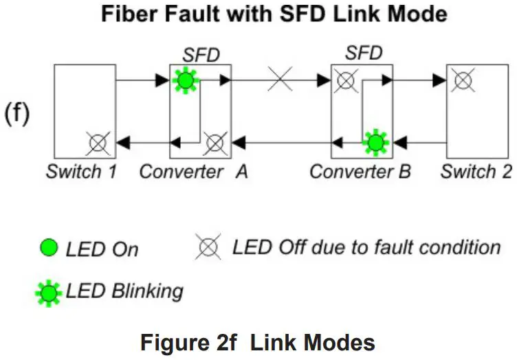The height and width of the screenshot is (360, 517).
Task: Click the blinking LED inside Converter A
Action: [186, 80]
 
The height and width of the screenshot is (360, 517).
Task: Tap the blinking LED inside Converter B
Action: [375, 143]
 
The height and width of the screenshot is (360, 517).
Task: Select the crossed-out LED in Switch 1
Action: [98, 144]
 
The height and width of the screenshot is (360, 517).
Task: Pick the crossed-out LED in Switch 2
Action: [463, 80]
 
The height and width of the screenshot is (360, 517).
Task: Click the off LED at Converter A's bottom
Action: [215, 144]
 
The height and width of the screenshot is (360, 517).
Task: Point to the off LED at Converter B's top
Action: [346, 80]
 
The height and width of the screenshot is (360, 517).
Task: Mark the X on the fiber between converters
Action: [280, 79]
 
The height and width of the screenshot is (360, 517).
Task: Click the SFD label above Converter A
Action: [201, 55]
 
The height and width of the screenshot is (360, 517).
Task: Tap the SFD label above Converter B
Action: [364, 53]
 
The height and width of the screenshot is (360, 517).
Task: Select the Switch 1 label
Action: [81, 172]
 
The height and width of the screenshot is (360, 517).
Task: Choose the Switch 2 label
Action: [476, 172]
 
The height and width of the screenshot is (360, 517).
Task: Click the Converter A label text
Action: [194, 172]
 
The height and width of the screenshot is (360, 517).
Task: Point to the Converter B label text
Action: [360, 172]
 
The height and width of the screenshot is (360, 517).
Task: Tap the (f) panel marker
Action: [16, 113]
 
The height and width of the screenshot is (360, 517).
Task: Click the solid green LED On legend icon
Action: [49, 248]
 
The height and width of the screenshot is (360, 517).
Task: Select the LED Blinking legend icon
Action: [49, 293]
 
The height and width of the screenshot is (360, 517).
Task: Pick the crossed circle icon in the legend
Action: [208, 247]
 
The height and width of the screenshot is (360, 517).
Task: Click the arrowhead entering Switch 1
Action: [123, 144]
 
